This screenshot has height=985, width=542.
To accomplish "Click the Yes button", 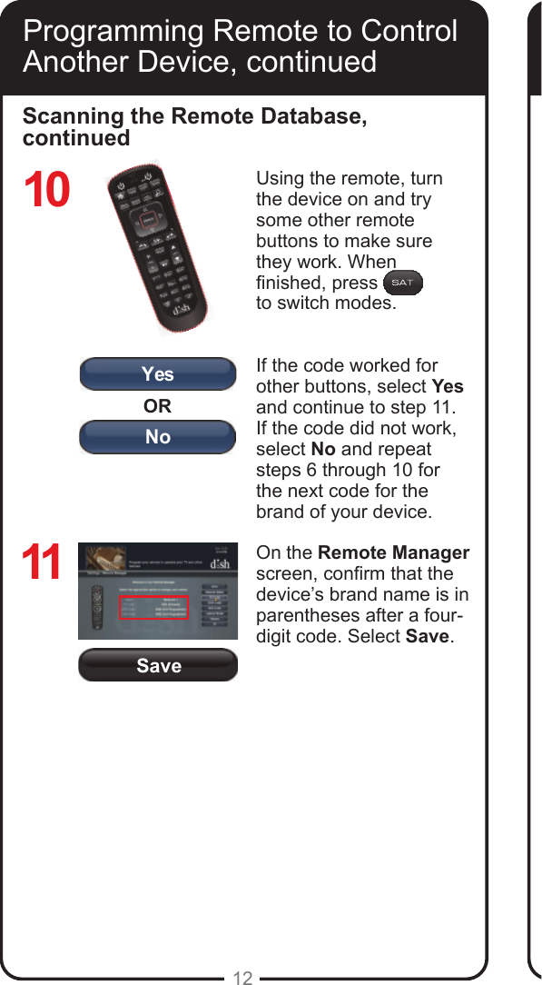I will click(x=158, y=374).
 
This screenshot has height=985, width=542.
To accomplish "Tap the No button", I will click(x=158, y=437).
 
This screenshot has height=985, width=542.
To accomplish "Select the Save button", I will click(x=158, y=666).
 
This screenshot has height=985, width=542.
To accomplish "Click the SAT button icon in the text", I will click(x=402, y=283).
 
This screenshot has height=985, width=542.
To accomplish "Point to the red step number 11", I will click(x=42, y=563).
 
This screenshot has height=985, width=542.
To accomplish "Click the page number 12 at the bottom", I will click(x=242, y=978).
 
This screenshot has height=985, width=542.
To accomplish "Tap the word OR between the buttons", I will click(x=157, y=405).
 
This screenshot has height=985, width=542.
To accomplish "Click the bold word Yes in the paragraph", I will click(x=447, y=386).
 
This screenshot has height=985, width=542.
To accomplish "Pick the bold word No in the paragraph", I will click(x=322, y=449).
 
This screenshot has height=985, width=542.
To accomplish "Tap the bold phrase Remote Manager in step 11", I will click(x=394, y=552).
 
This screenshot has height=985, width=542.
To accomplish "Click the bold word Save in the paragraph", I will click(x=427, y=636).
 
